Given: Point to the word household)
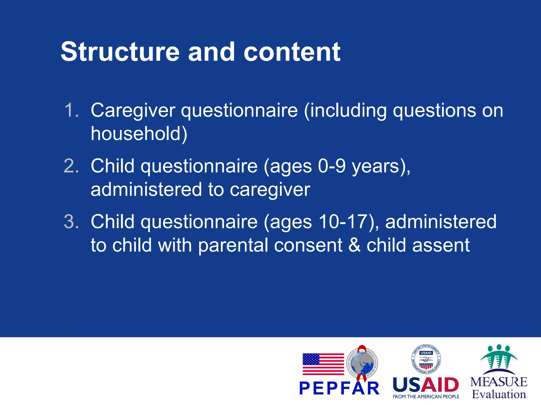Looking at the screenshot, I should [x=139, y=134].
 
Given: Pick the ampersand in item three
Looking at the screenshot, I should [x=354, y=245].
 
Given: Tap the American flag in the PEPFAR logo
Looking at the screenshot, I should [x=323, y=364].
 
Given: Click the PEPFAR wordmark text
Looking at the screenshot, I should [x=339, y=388].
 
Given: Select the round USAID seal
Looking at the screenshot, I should [x=426, y=359].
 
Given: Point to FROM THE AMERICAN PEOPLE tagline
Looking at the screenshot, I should [x=426, y=397].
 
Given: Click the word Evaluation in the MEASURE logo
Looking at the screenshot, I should [x=499, y=394].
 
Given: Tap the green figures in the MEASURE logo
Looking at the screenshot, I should [x=499, y=357].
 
